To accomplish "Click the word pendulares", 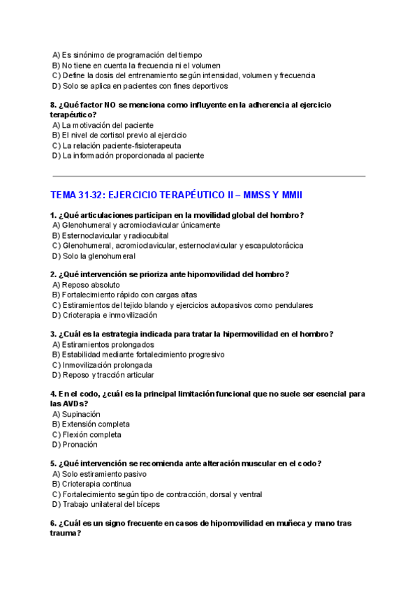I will (x=293, y=305).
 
